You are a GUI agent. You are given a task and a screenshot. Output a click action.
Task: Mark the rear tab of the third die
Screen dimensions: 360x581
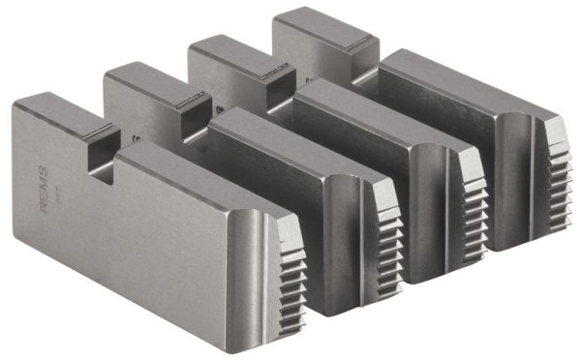(229, 50)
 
